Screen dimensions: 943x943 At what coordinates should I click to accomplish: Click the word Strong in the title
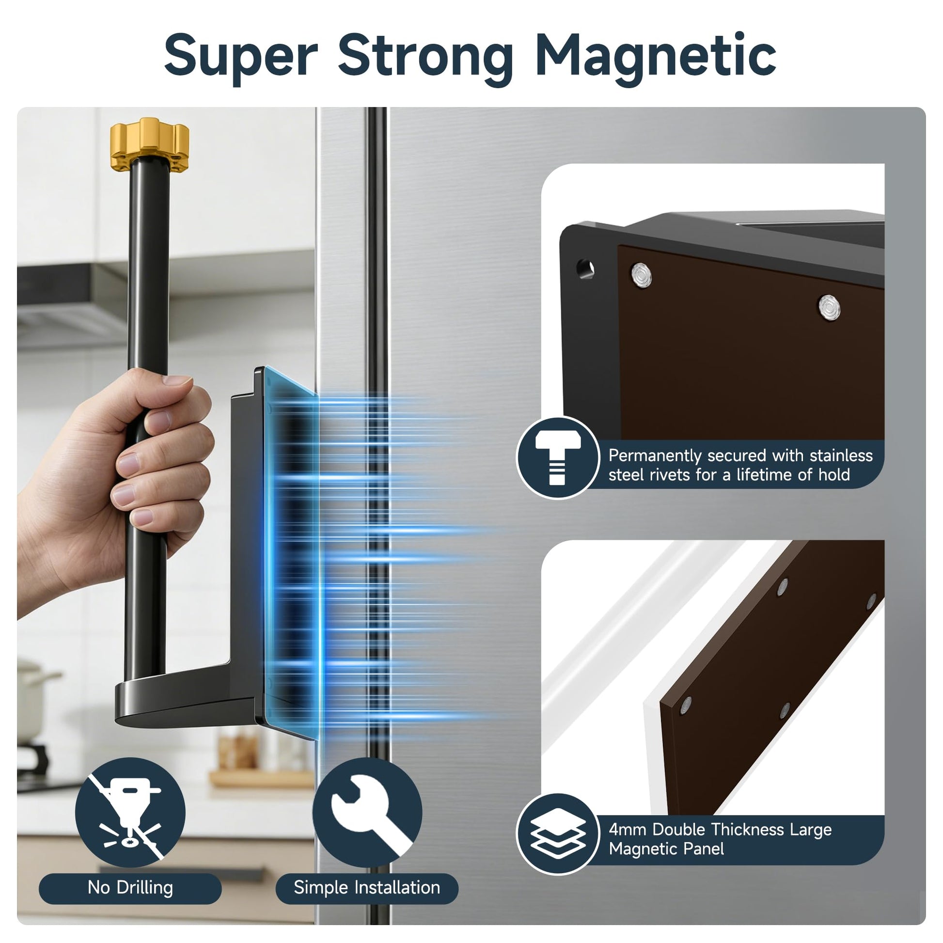tap(425, 59)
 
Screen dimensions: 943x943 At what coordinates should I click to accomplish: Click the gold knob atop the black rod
tap(149, 142)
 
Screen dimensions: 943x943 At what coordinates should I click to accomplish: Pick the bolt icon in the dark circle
tap(558, 458)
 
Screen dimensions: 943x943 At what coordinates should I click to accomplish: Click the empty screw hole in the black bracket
tap(585, 268)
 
